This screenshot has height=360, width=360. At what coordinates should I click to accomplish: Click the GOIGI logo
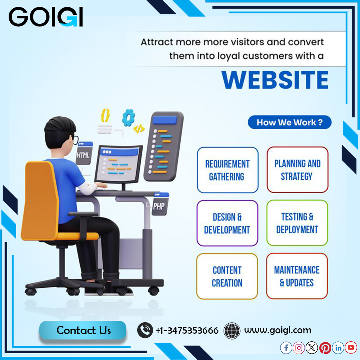pyautogui.click(x=45, y=17)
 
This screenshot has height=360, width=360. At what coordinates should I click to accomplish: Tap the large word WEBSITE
pyautogui.click(x=275, y=80)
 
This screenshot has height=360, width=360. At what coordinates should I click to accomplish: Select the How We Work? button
pyautogui.click(x=289, y=122)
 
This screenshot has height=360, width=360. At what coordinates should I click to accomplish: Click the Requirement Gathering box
pyautogui.click(x=228, y=170)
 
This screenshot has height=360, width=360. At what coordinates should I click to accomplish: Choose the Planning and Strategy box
pyautogui.click(x=297, y=170)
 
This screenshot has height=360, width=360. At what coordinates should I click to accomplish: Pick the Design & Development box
pyautogui.click(x=227, y=223)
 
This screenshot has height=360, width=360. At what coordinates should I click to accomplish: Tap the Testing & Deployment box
pyautogui.click(x=297, y=223)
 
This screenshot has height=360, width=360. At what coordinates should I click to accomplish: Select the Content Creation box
pyautogui.click(x=227, y=276)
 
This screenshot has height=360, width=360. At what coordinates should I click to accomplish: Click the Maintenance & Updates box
pyautogui.click(x=297, y=276)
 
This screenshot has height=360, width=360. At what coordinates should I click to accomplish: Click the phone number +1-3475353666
pyautogui.click(x=187, y=330)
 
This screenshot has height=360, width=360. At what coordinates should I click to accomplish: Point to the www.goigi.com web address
pyautogui.click(x=278, y=330)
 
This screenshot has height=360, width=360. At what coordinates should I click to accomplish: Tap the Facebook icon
pyautogui.click(x=286, y=348)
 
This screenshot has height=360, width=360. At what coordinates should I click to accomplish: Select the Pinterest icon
pyautogui.click(x=325, y=348)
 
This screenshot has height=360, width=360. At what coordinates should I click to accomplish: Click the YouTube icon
pyautogui.click(x=351, y=348)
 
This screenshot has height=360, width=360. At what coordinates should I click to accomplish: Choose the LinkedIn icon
pyautogui.click(x=338, y=348)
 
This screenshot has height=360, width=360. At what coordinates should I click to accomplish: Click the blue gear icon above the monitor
pyautogui.click(x=128, y=117)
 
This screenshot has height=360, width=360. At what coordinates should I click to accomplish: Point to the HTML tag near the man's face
pyautogui.click(x=84, y=155)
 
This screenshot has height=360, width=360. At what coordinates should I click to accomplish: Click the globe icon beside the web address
pyautogui.click(x=232, y=330)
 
